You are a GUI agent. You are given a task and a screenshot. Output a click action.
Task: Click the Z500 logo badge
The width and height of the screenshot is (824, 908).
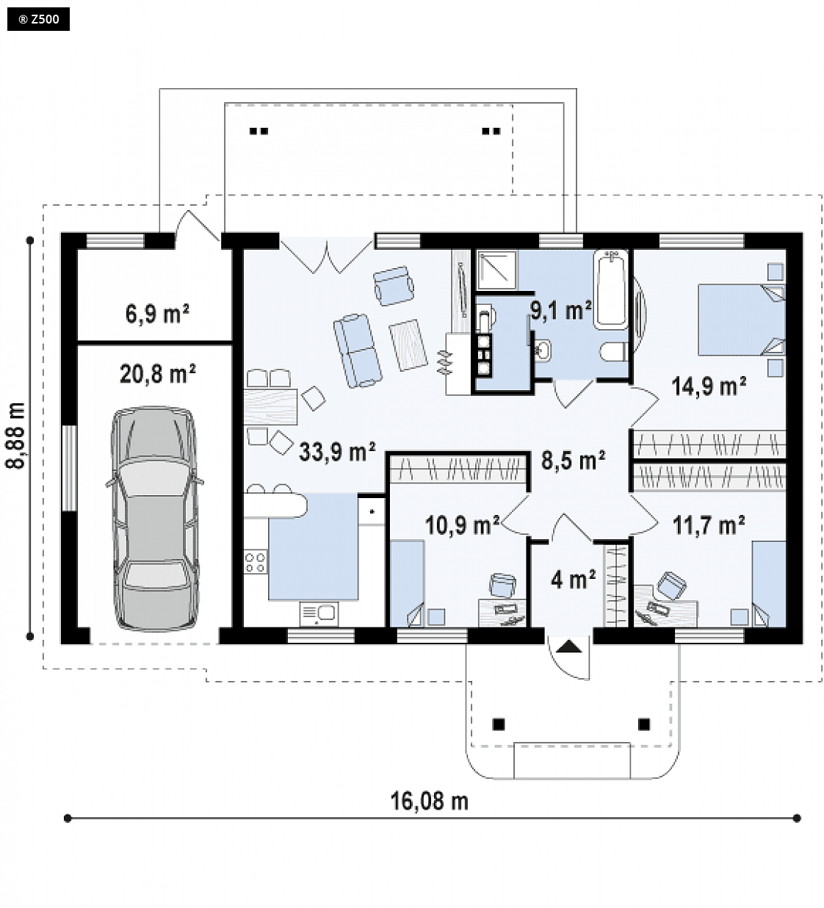38,20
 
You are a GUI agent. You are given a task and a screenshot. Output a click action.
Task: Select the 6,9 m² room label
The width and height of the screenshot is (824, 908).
157,314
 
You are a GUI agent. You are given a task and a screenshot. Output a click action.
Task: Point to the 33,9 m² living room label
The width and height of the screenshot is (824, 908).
337,451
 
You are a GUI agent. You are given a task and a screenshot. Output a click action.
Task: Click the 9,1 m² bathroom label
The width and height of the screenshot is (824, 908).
560,311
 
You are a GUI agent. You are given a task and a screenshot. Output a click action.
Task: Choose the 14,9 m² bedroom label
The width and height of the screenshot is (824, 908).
709,386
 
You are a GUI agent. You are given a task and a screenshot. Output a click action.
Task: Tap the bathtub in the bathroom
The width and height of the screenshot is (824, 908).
611,289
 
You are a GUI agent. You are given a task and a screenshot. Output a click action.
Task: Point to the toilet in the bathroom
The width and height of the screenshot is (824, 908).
614,352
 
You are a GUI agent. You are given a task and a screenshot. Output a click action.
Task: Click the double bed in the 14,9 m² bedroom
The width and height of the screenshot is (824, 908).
741,320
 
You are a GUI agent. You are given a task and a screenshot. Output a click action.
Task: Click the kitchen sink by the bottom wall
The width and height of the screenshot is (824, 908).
319,614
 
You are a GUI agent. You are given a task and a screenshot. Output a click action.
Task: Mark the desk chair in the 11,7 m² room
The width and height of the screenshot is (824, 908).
671,585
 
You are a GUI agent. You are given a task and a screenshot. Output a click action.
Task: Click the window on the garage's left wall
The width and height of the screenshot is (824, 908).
69,467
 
